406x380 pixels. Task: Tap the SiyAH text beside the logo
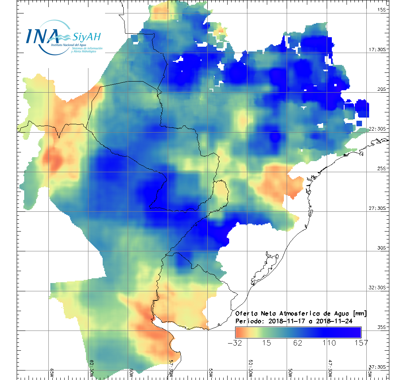86,38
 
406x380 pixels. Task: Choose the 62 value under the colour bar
298,343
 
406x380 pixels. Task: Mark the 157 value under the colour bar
360,343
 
